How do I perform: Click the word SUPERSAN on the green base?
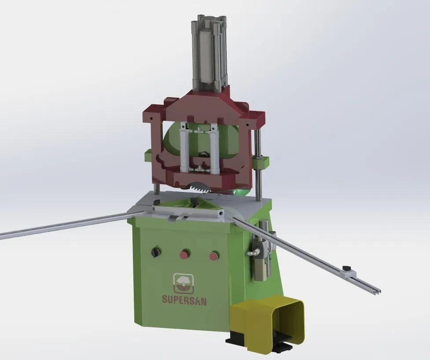point(184,300)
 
